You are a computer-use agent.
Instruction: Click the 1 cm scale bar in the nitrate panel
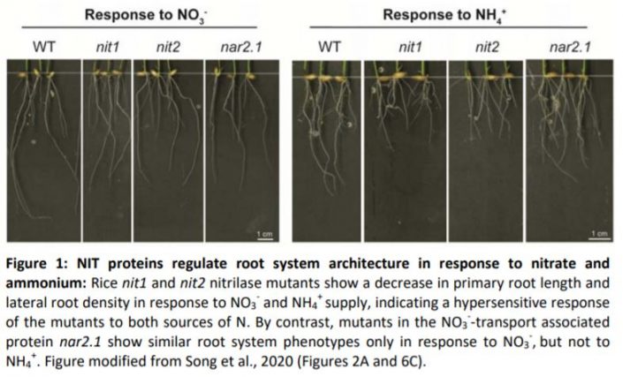point(263,233)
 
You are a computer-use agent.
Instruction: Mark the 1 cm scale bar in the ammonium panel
point(600,233)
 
